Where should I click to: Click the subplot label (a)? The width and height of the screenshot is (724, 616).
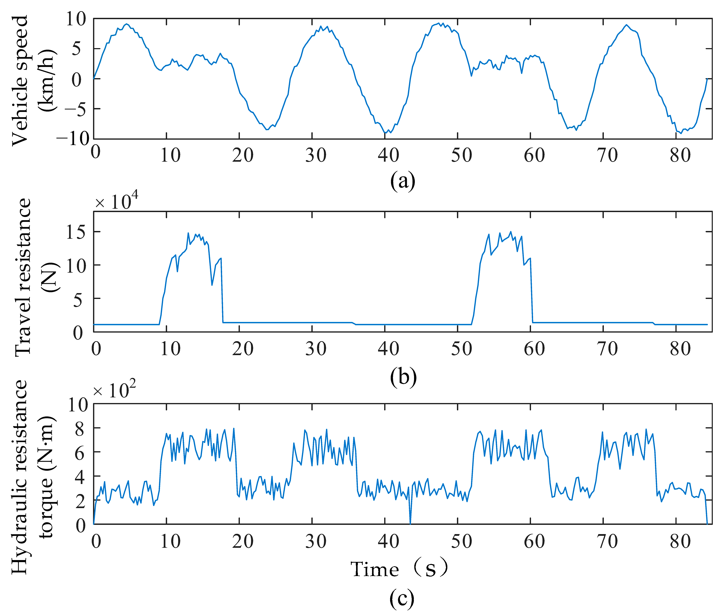click(402, 181)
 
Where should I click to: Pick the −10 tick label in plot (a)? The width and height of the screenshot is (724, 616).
click(73, 139)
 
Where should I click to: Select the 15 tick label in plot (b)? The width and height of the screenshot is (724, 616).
click(76, 232)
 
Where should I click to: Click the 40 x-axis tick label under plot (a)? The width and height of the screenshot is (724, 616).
click(388, 155)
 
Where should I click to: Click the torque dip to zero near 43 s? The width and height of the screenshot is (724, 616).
click(410, 523)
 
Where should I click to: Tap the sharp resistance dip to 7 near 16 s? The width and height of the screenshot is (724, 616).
click(212, 285)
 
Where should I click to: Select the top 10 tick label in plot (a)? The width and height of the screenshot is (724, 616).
click(76, 19)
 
